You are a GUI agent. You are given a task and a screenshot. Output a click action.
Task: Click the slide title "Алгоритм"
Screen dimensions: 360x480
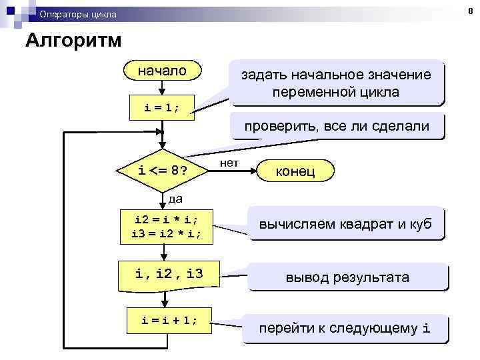(73, 41)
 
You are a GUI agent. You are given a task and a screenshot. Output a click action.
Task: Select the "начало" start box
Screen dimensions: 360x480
(163, 71)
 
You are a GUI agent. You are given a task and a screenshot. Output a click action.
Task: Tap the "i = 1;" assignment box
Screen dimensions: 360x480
(163, 107)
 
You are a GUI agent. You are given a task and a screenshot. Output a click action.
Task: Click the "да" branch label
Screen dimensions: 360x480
(175, 199)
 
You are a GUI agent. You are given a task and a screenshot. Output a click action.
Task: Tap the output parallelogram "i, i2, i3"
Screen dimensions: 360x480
(168, 273)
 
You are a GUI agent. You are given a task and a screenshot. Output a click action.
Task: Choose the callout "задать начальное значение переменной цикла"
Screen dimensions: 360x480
(336, 83)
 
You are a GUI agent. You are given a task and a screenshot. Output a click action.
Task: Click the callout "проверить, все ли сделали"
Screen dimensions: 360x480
(336, 126)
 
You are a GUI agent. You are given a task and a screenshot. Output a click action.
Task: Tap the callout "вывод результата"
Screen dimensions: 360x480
(347, 277)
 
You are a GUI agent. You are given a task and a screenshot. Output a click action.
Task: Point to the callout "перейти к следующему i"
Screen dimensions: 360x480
(345, 328)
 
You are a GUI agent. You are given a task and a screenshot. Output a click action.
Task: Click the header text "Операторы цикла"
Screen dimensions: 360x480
(77, 14)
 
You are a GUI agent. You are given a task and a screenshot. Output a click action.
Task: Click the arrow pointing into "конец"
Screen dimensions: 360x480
(250, 171)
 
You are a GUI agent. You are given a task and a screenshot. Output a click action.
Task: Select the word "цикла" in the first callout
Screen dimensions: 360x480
(379, 92)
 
